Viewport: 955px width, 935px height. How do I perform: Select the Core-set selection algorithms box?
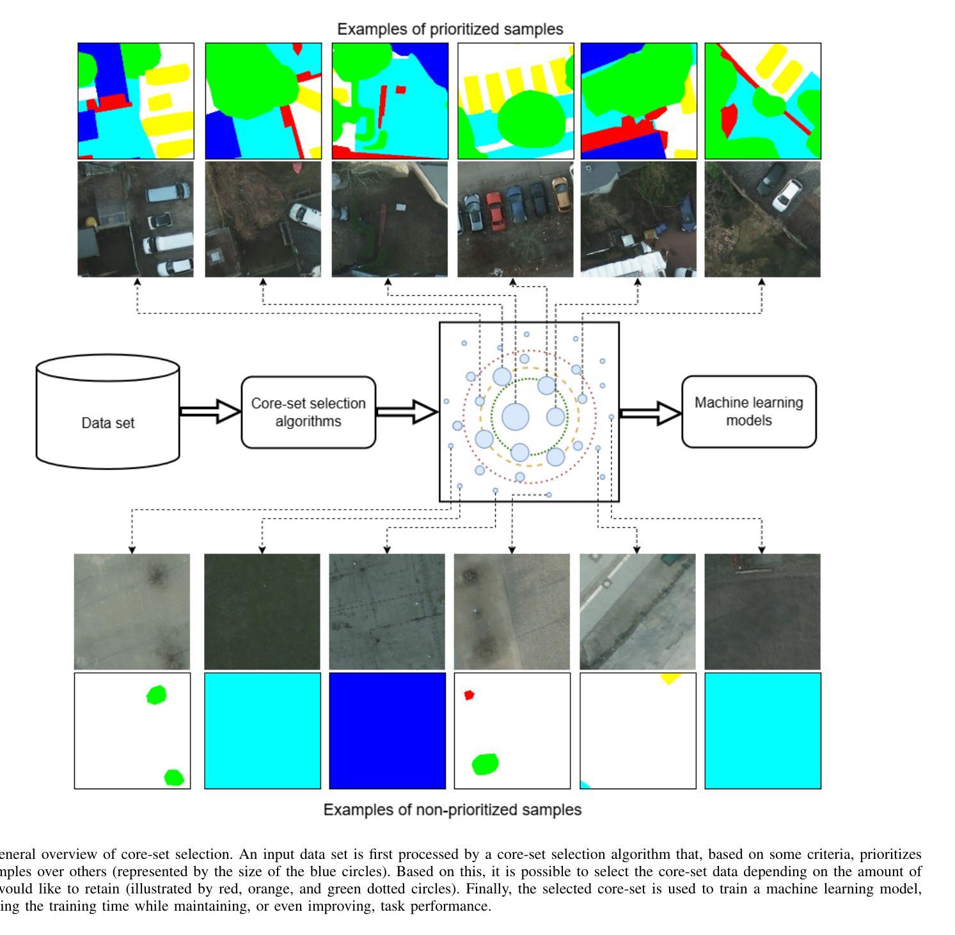[308, 412]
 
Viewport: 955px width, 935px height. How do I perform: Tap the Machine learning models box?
[749, 412]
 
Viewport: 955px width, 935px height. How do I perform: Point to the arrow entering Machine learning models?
[650, 414]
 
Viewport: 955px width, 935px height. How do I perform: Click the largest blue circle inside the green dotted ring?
[516, 417]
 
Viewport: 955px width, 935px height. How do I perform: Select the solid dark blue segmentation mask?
[388, 730]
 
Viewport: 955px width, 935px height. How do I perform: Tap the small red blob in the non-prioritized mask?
[469, 695]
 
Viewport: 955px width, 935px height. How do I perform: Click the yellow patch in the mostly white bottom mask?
[670, 678]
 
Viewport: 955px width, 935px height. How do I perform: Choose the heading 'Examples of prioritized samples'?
[450, 29]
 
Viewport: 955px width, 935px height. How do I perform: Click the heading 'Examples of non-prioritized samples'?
[452, 810]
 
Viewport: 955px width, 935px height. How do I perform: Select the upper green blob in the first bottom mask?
[156, 695]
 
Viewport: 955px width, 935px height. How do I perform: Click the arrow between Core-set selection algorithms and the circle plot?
[407, 412]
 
